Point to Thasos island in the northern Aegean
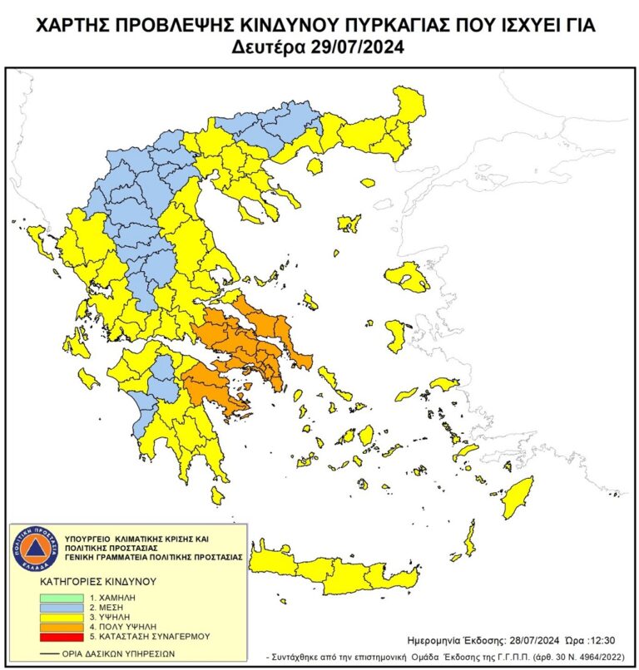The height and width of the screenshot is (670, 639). click(315, 167)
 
